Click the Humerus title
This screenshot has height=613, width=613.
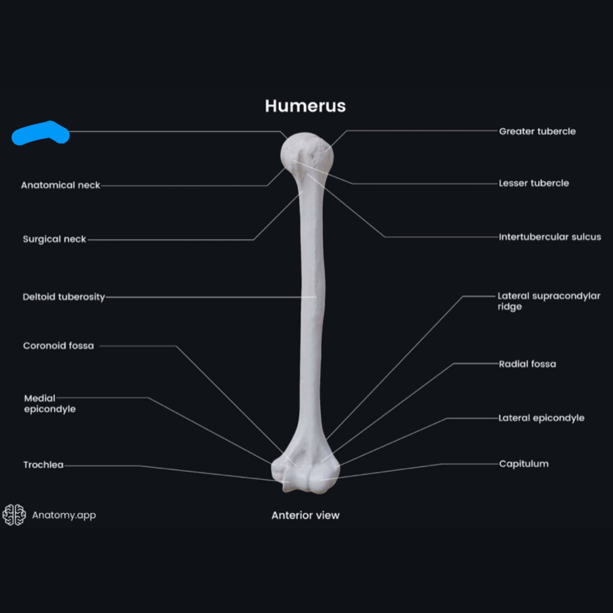[305, 106]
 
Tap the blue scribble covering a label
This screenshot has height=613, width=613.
[40, 133]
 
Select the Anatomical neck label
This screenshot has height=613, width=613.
[60, 185]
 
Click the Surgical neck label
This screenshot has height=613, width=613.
[54, 239]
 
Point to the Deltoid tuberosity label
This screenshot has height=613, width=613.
[64, 297]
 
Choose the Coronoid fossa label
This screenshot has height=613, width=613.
[58, 346]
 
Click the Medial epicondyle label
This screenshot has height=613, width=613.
[50, 403]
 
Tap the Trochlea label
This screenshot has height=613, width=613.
[43, 465]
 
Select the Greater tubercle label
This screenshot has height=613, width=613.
[537, 131]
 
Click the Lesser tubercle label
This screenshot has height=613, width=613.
[534, 183]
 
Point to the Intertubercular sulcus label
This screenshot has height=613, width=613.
[550, 237]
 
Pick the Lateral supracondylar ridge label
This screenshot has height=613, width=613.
[549, 301]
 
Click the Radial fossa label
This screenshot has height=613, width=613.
[527, 364]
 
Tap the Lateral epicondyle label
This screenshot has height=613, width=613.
[541, 418]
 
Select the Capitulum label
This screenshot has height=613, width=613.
[523, 464]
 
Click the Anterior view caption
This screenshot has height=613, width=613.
[305, 515]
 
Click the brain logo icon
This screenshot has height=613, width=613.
[14, 515]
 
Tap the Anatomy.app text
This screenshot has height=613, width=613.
[64, 515]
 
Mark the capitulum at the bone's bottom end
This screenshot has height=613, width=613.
[322, 480]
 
